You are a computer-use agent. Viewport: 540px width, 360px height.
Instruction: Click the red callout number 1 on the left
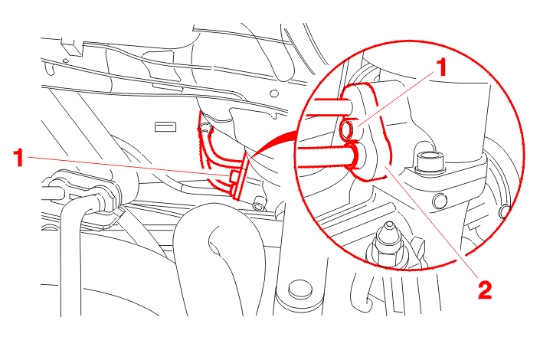coord(18,158)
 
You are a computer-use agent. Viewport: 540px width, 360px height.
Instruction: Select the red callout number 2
coord(485,290)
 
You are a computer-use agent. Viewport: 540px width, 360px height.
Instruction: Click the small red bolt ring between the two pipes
coord(346,130)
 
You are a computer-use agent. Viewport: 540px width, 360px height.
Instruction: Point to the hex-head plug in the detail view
coord(430,161)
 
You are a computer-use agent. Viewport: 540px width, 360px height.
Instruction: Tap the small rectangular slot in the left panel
coord(165,127)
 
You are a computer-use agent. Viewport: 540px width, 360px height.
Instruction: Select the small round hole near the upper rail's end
coord(274,93)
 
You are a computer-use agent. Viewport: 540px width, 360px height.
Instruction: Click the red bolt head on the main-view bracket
coord(234,177)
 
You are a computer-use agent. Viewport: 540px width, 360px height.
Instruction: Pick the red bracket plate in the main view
coord(241,176)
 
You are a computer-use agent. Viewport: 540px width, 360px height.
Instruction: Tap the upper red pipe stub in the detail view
coord(334,106)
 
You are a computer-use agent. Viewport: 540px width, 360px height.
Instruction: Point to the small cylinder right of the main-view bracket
coord(258,203)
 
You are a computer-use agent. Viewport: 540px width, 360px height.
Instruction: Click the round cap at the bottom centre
coord(300,289)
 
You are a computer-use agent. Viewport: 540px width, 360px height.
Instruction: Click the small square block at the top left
coord(71,47)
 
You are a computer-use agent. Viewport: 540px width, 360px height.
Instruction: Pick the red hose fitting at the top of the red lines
coord(205,129)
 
